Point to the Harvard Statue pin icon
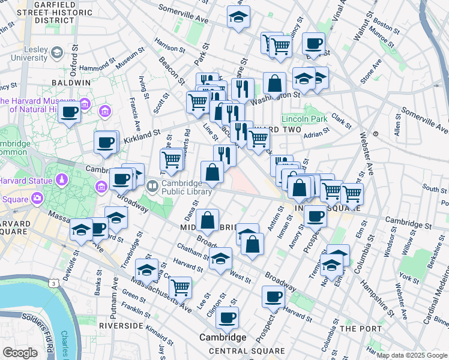tap(62, 180)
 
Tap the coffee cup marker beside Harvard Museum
tap(70, 112)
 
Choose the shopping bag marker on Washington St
tap(274, 83)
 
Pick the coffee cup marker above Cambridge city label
tap(227, 318)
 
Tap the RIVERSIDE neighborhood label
tap(121, 326)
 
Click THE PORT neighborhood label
tap(360, 329)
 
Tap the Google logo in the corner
tap(20, 353)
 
